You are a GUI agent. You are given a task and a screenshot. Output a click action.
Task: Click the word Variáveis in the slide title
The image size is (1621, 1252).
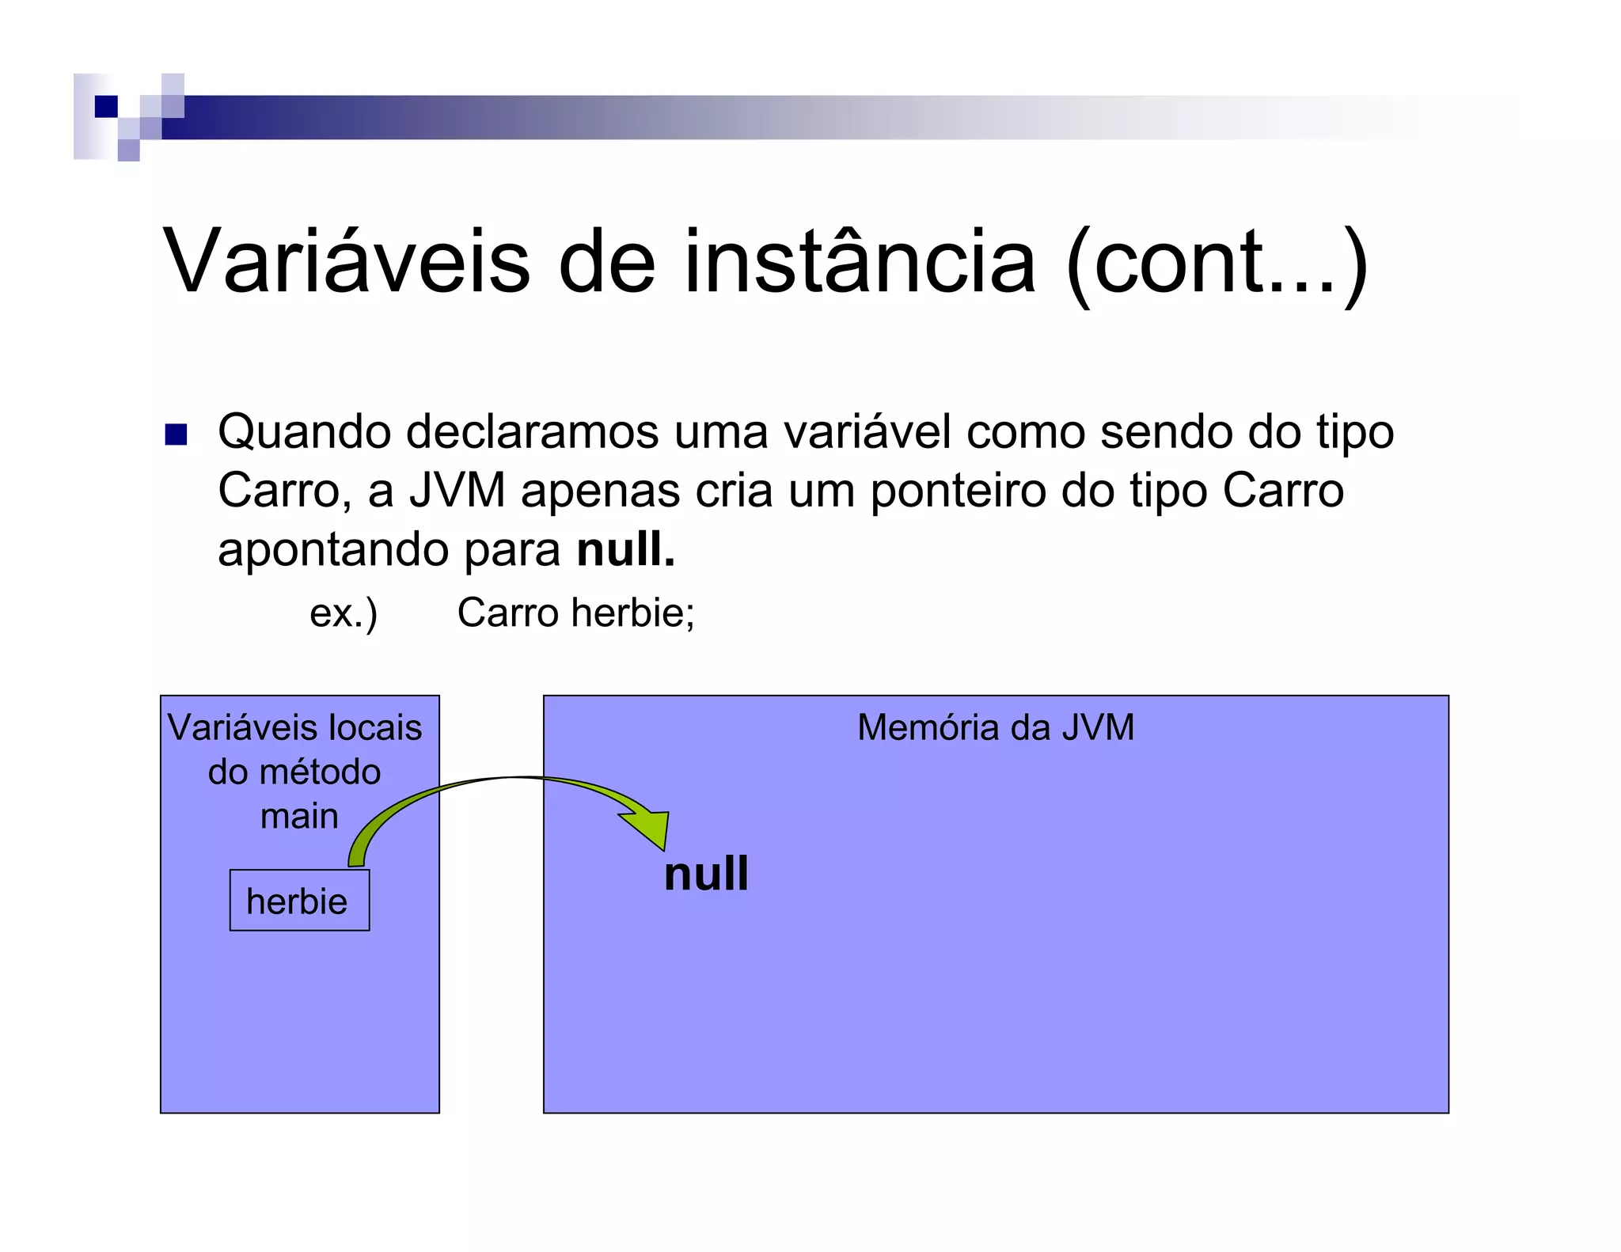[346, 261]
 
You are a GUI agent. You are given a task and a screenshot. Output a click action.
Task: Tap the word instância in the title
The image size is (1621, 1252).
[860, 261]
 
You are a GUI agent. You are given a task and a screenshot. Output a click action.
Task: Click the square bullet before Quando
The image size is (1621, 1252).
[176, 434]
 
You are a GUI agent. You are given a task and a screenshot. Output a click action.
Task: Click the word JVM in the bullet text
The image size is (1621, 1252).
[457, 491]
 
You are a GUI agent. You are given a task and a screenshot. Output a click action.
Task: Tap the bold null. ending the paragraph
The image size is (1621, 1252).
[625, 549]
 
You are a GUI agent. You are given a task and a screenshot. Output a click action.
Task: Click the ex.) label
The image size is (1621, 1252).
[344, 613]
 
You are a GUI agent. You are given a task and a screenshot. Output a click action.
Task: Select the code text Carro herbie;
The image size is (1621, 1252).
[575, 613]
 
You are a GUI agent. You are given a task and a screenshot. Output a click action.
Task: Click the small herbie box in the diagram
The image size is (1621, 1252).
[298, 901]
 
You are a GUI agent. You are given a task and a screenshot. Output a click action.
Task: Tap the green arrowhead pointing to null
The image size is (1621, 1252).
[649, 828]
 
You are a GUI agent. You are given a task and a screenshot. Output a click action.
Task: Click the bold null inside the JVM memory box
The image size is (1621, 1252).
[706, 874]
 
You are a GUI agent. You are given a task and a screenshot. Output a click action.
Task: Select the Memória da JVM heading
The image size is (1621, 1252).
[995, 727]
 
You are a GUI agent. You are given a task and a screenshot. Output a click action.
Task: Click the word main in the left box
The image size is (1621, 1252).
[299, 816]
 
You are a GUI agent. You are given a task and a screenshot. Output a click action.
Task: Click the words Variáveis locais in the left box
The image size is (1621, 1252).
[294, 727]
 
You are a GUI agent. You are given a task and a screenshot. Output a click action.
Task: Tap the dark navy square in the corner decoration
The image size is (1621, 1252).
[105, 106]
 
